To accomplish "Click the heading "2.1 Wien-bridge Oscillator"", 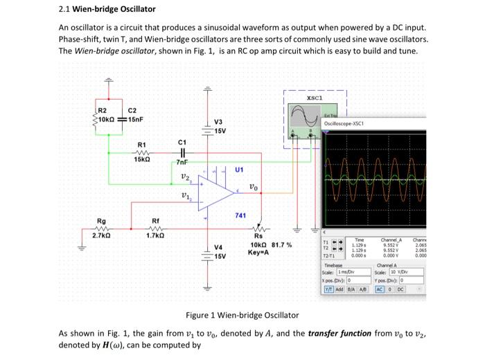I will pos(107,9).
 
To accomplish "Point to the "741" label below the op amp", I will pos(241,216).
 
